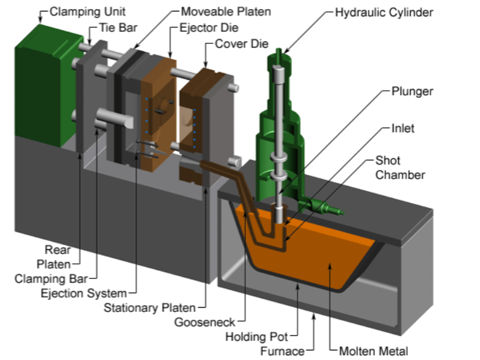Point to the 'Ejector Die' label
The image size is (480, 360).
point(209,28)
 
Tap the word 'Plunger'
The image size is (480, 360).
point(413,91)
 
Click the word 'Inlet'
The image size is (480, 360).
point(402,128)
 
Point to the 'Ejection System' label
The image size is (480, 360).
point(84,293)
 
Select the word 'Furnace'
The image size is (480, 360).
point(283,351)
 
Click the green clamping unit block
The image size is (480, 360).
point(39,90)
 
